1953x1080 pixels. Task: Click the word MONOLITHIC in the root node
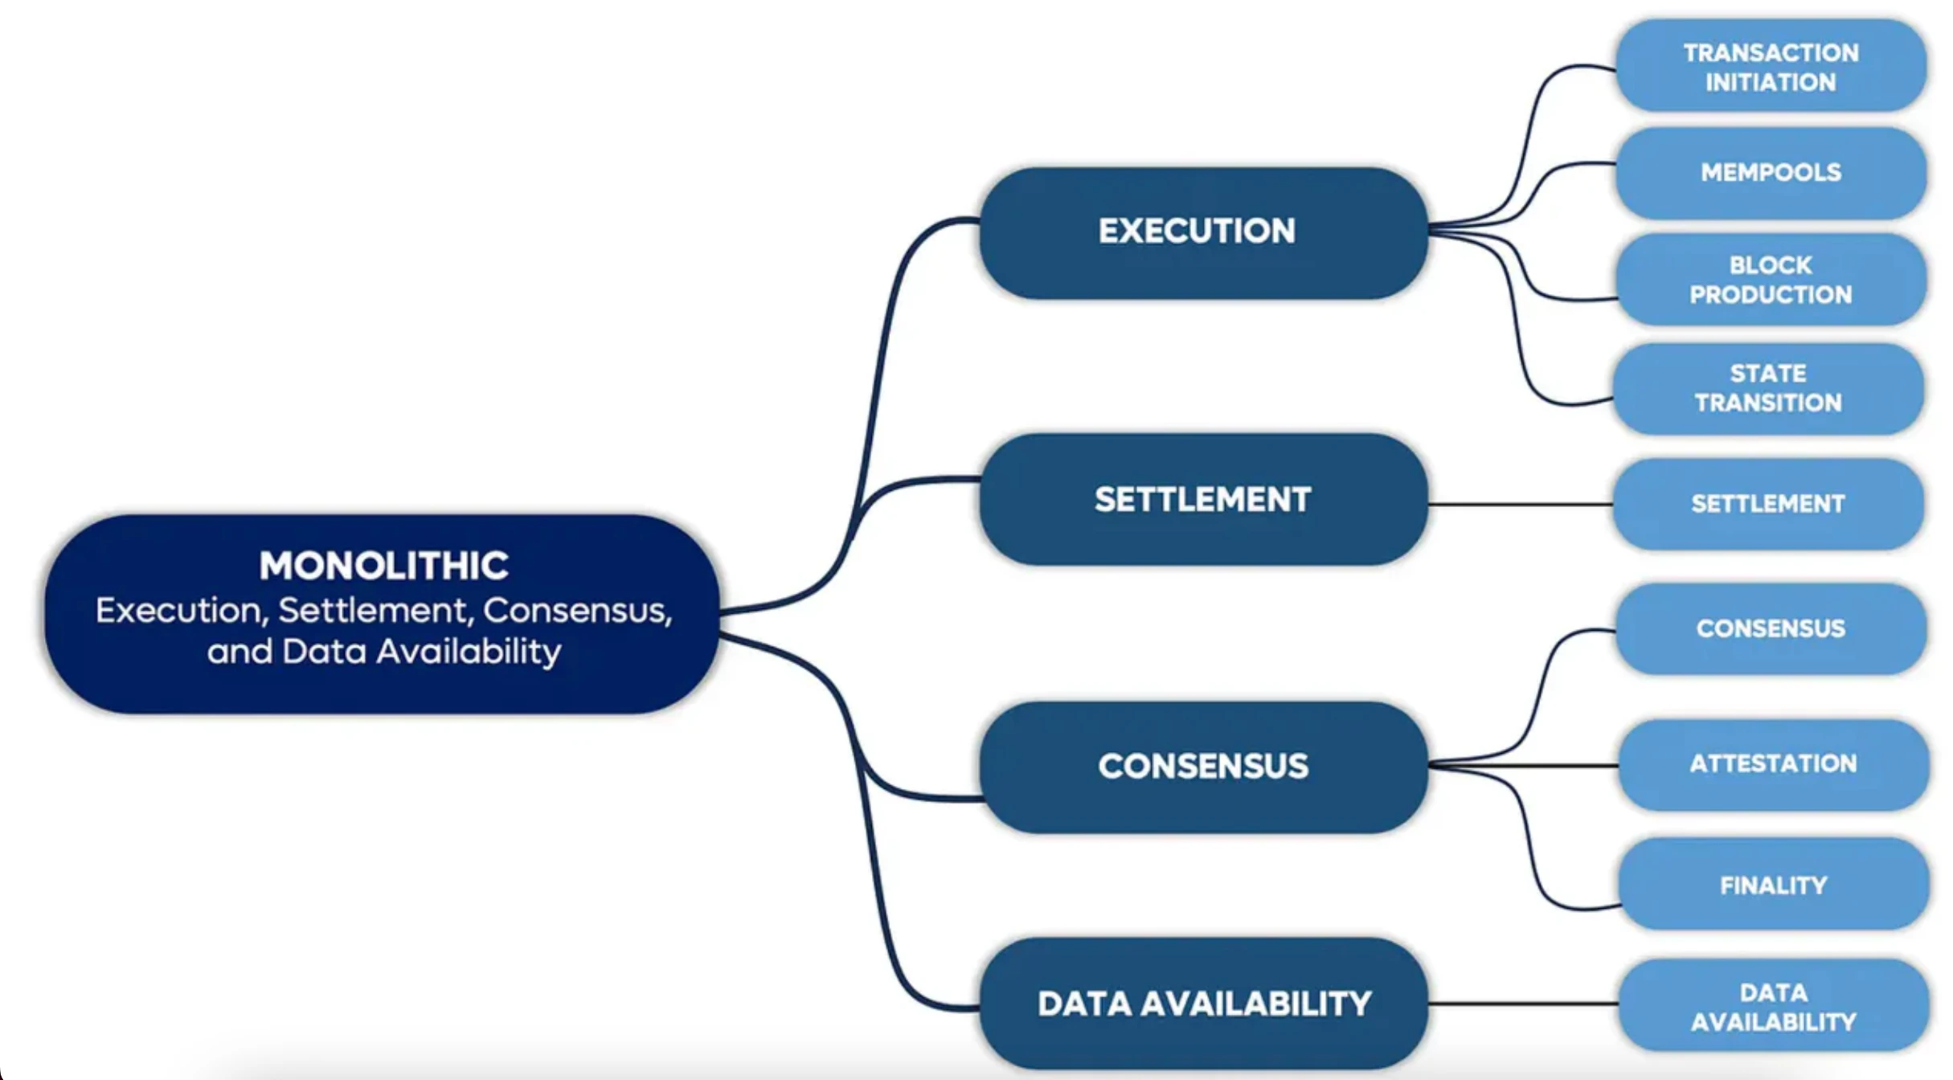coord(383,565)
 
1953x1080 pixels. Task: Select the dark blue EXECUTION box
coord(1202,232)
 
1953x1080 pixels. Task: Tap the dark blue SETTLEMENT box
coord(1202,499)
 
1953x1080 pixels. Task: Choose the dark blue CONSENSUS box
coord(1202,767)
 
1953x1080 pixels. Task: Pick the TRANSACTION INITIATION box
coord(1771,67)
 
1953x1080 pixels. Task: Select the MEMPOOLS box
coord(1771,172)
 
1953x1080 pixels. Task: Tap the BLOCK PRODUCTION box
coord(1771,280)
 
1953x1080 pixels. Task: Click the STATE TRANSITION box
coord(1768,388)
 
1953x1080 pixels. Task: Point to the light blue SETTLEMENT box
coord(1768,504)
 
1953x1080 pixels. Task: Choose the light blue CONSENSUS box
coord(1771,628)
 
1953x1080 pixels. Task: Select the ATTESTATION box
coord(1773,763)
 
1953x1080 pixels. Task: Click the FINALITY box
coord(1773,885)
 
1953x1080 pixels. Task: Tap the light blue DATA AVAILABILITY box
coord(1773,1006)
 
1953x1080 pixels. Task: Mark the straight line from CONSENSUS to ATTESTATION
coord(1559,766)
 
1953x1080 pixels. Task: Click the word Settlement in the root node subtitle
coord(374,611)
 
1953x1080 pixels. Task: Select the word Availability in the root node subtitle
coord(469,652)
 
